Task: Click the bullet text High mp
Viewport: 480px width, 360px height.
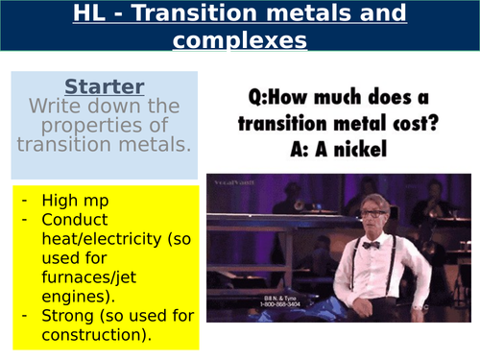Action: [79, 202]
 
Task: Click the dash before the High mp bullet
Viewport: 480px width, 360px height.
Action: [23, 202]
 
